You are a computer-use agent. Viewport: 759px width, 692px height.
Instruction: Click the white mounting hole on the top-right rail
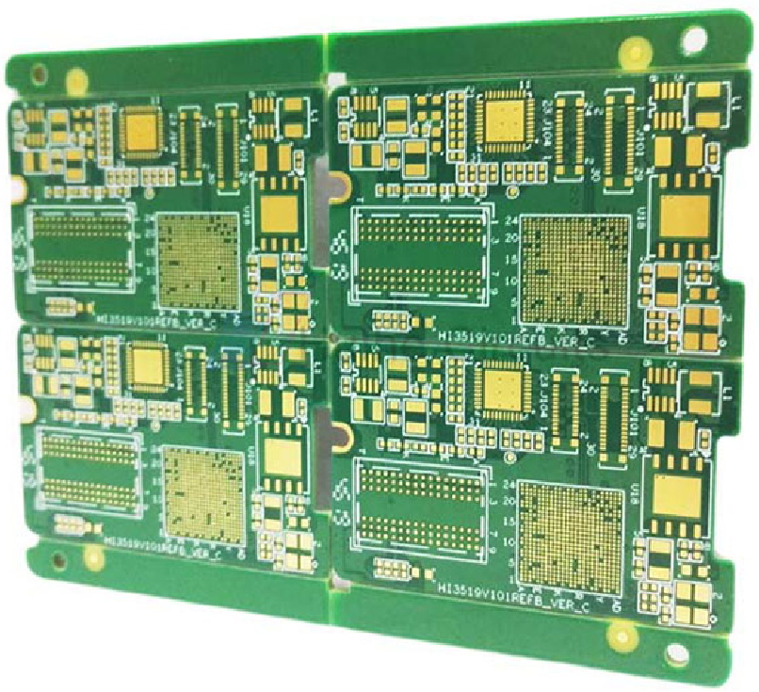[692, 39]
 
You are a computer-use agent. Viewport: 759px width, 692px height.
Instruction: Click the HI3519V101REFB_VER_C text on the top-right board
[516, 340]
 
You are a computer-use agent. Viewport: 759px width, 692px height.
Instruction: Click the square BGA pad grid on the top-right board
[574, 271]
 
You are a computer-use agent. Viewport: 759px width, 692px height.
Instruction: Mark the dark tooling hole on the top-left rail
[39, 71]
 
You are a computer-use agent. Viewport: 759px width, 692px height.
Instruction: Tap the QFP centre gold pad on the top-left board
[141, 129]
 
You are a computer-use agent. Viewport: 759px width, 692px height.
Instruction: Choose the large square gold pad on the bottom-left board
[281, 458]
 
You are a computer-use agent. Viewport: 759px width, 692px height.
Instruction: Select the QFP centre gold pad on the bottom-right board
[506, 388]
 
